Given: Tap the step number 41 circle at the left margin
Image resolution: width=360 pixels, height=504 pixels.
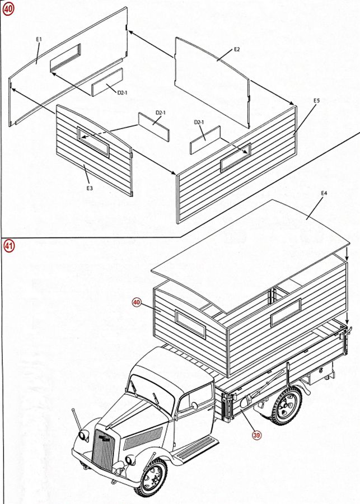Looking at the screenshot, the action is click(9, 246).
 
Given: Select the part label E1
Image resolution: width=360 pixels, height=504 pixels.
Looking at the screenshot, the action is click(39, 39).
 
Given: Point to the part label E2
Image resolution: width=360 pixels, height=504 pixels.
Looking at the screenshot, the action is click(237, 49).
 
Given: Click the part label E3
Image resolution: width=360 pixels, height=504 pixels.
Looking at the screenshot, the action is click(90, 188).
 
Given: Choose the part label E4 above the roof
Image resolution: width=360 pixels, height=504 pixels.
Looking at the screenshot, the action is click(324, 193).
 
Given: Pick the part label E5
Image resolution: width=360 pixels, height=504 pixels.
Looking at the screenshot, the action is click(316, 101).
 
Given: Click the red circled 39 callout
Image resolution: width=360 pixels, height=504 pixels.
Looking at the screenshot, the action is click(256, 435).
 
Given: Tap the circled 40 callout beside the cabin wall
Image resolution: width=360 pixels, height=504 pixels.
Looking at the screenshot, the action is click(137, 302).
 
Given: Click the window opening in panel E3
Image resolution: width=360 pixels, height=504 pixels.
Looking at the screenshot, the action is click(93, 142).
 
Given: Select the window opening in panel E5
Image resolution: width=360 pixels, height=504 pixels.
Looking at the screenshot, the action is click(236, 157).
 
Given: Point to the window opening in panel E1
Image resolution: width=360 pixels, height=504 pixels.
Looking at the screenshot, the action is click(66, 58).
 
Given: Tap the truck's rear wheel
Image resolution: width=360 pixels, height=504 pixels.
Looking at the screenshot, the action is click(285, 405).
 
